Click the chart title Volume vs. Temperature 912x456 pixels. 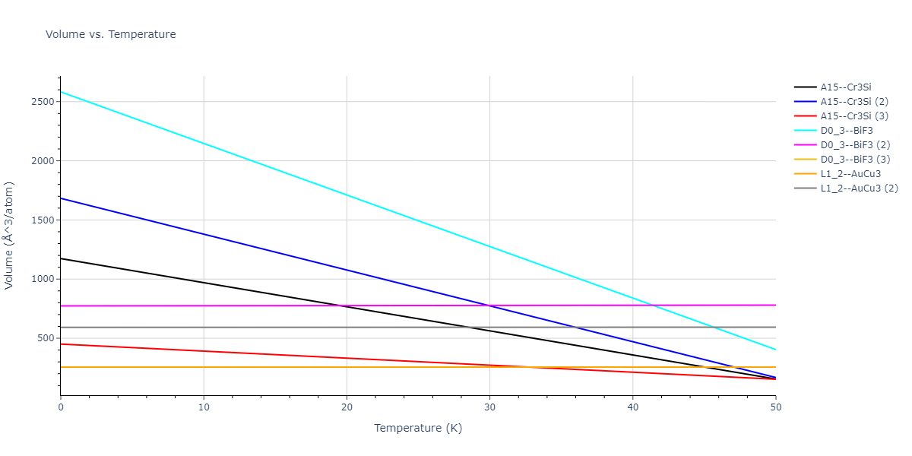(111, 34)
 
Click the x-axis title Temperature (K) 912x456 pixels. (418, 428)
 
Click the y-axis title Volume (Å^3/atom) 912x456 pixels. (10, 235)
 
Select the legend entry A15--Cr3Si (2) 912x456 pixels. (855, 102)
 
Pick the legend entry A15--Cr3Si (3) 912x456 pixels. (855, 116)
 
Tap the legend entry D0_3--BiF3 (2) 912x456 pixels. (855, 145)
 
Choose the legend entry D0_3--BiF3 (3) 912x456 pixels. (855, 160)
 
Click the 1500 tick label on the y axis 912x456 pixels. (43, 220)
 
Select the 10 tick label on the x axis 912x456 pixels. (204, 407)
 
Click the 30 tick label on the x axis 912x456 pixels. (489, 407)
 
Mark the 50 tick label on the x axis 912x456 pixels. (775, 407)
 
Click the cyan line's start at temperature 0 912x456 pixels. (61, 92)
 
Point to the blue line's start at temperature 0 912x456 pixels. (61, 198)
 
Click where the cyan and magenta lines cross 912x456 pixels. (653, 306)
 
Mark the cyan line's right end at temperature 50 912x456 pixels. (775, 350)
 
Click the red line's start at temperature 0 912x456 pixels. (61, 344)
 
